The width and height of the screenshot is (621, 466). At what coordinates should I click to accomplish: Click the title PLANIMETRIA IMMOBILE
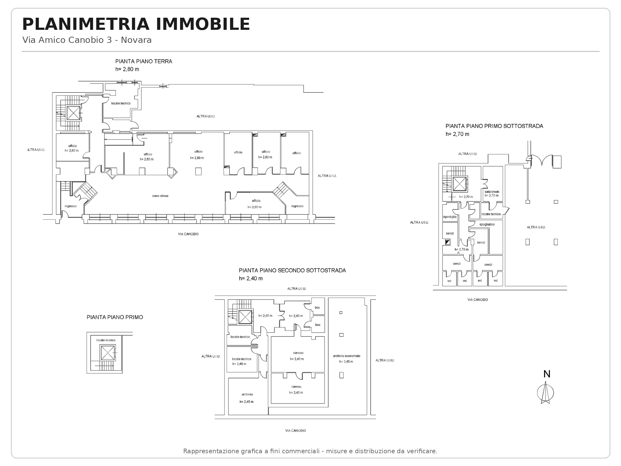click(136, 24)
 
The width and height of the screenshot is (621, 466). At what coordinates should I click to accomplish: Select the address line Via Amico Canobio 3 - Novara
click(87, 40)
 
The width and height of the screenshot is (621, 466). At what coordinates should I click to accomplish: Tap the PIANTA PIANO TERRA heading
click(144, 62)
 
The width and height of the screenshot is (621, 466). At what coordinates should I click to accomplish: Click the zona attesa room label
click(160, 196)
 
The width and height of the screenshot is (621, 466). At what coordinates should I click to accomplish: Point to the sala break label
click(492, 192)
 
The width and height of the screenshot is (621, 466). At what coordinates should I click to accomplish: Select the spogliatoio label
click(487, 224)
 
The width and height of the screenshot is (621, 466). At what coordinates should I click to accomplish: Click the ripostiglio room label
click(450, 217)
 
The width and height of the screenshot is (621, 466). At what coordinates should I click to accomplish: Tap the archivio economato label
click(347, 356)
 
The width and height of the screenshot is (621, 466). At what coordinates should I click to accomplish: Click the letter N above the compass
click(547, 374)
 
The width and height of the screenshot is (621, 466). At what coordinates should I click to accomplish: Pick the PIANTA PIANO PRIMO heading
click(115, 318)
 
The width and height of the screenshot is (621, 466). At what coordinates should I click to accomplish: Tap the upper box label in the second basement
click(317, 308)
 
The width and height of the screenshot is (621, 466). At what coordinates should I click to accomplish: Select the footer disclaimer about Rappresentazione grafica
click(310, 451)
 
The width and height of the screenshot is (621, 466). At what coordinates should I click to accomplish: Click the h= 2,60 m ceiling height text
click(147, 159)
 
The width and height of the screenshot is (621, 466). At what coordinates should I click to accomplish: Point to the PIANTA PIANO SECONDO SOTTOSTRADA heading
click(292, 271)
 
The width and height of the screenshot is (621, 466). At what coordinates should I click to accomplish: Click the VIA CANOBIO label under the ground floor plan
click(188, 234)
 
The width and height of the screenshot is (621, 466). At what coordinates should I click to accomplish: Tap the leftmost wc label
click(449, 281)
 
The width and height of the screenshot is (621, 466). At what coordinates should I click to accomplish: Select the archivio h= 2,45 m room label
click(247, 398)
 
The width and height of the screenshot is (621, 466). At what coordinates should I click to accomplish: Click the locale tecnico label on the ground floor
click(121, 103)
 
